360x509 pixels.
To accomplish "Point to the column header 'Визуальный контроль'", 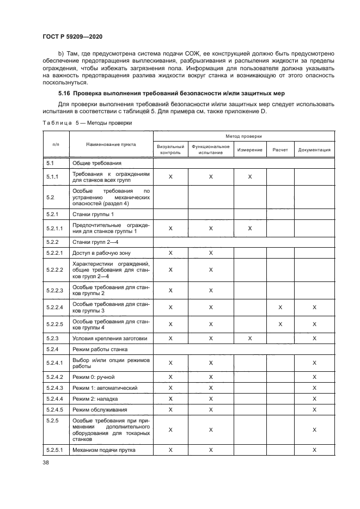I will tap(170, 150).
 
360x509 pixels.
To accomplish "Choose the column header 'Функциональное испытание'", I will tap(211, 150).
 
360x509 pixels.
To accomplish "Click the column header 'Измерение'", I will tap(250, 150).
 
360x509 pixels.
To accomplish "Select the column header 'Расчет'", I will tap(280, 150).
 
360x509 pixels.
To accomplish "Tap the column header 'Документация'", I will tap(314, 150).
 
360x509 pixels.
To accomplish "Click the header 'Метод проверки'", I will tap(243, 136).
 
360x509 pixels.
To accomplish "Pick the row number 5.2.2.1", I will tap(55, 253).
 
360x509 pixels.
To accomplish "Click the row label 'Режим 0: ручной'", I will tap(93, 377).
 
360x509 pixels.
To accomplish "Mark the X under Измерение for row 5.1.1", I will tap(250, 177).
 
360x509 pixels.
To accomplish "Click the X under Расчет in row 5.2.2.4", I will tap(280, 308).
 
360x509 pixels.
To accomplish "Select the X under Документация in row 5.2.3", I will tap(314, 338).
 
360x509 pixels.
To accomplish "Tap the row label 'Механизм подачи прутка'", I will tap(104, 450).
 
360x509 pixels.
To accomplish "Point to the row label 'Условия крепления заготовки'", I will tap(111, 338).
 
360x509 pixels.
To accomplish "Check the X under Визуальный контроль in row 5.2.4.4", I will tap(170, 398).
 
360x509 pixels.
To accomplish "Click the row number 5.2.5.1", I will tap(55, 450).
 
